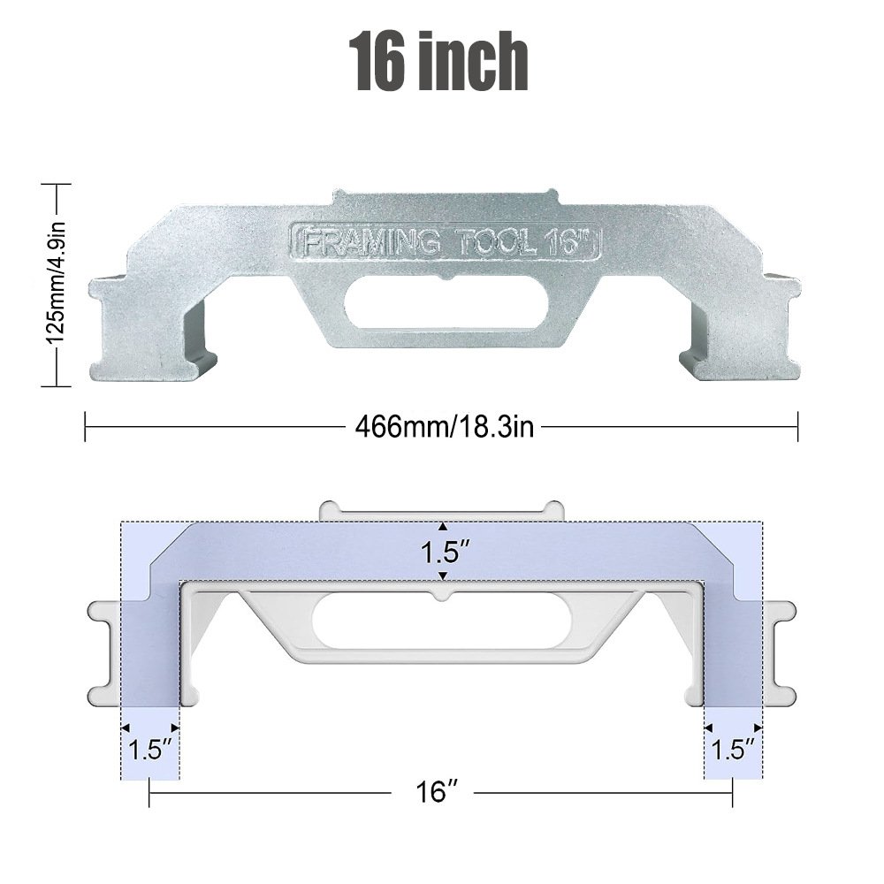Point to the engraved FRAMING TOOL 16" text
(x=446, y=240)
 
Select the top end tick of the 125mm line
(x=57, y=186)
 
